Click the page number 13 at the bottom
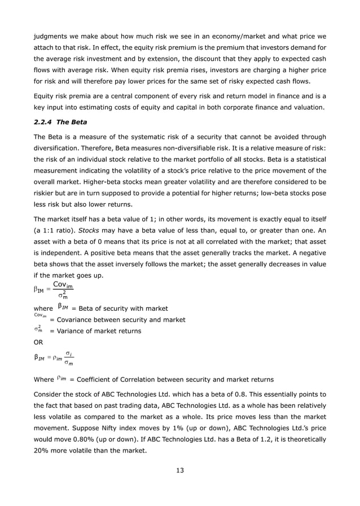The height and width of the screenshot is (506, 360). point(179,471)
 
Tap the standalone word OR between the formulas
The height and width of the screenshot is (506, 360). point(39,342)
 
